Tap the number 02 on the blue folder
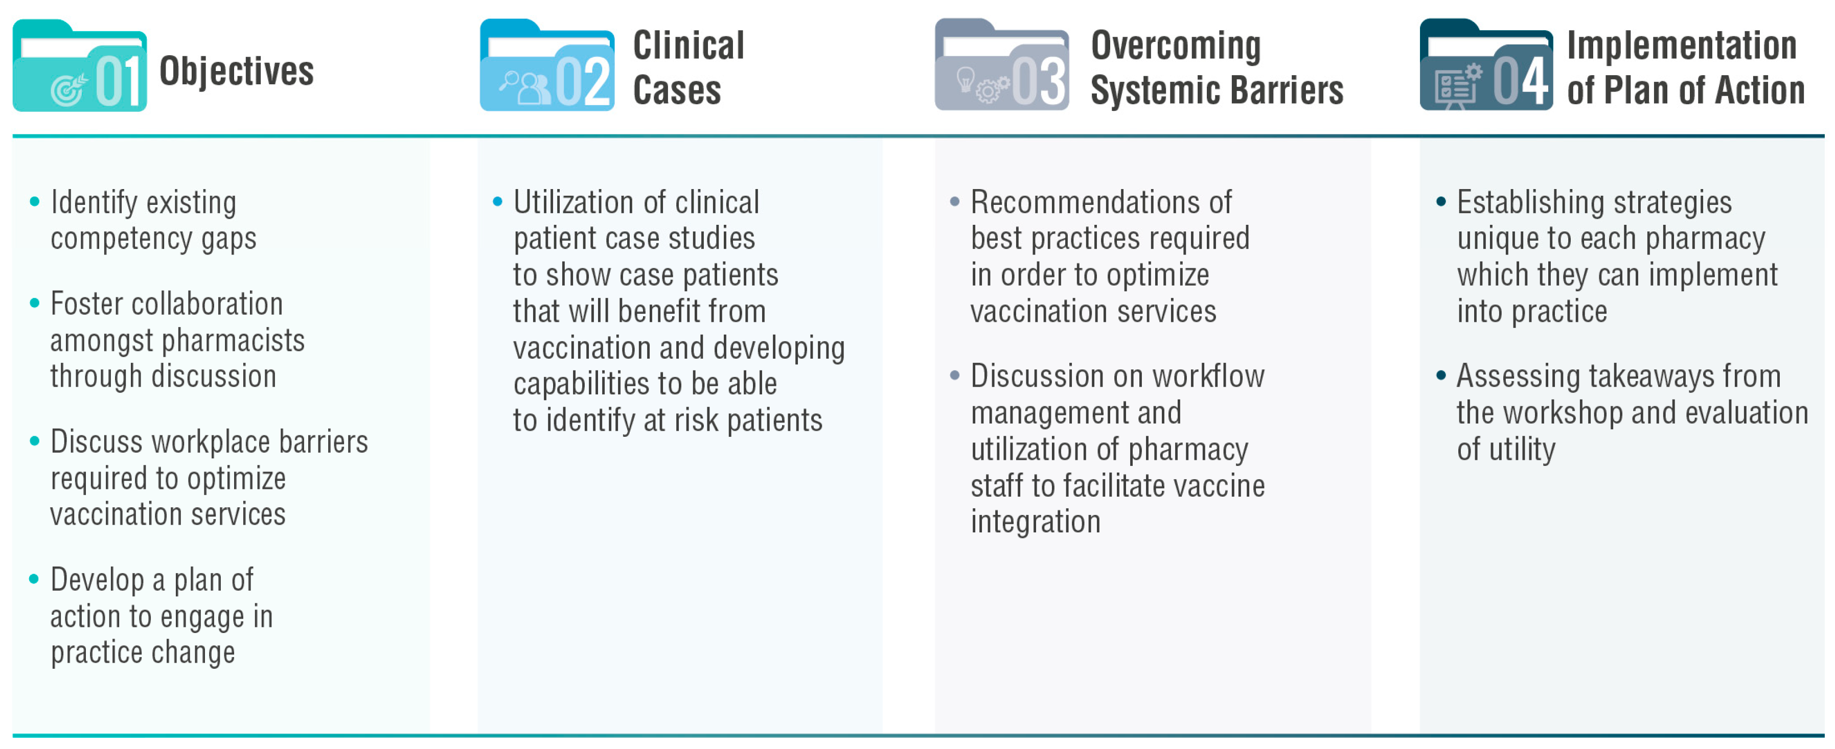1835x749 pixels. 583,80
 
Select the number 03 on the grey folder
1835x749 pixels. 1039,80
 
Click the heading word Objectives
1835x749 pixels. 237,71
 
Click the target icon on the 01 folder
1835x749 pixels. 68,90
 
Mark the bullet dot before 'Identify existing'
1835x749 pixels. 34,202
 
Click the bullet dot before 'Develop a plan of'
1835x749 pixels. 34,579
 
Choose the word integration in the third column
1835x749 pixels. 1035,522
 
